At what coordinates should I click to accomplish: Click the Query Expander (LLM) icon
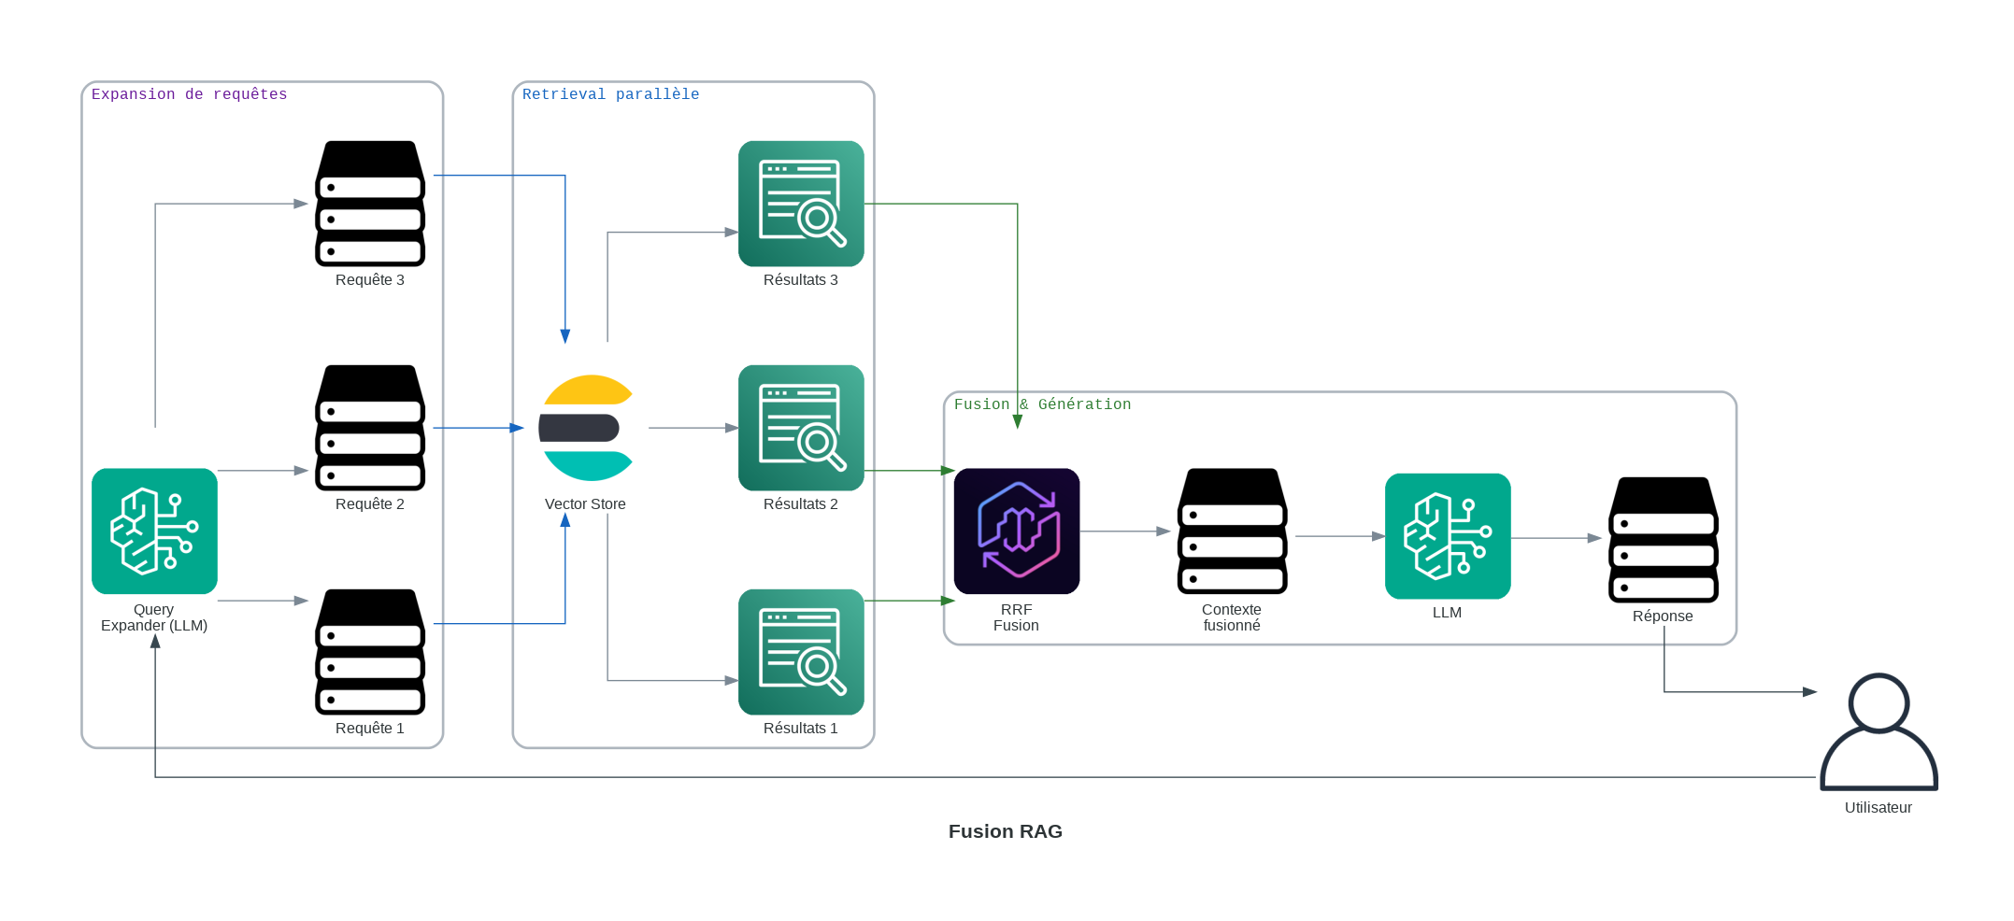pyautogui.click(x=154, y=531)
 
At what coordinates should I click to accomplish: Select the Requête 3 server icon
pyautogui.click(x=370, y=204)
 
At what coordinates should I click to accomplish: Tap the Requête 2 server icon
pyautogui.click(x=370, y=428)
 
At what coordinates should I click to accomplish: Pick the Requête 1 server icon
pyautogui.click(x=370, y=652)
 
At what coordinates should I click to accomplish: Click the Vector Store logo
pyautogui.click(x=586, y=428)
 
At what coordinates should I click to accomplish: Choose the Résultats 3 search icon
pyautogui.click(x=801, y=204)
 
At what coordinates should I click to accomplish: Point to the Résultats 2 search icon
pyautogui.click(x=801, y=428)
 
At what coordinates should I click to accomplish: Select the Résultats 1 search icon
pyautogui.click(x=801, y=652)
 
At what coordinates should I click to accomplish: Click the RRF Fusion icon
pyautogui.click(x=1017, y=531)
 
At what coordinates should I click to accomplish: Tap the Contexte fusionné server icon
pyautogui.click(x=1232, y=531)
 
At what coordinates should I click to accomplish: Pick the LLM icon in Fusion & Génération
pyautogui.click(x=1448, y=536)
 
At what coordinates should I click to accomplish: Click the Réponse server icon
pyautogui.click(x=1664, y=540)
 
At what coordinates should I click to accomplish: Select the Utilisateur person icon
pyautogui.click(x=1878, y=732)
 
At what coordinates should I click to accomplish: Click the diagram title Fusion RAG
pyautogui.click(x=1005, y=831)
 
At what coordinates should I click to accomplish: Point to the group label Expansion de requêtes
pyautogui.click(x=189, y=94)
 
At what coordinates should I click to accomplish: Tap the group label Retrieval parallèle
pyautogui.click(x=610, y=94)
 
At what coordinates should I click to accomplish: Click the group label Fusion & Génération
pyautogui.click(x=1042, y=404)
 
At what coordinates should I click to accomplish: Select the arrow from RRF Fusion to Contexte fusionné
pyautogui.click(x=1125, y=531)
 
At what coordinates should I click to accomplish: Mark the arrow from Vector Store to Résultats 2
pyautogui.click(x=693, y=428)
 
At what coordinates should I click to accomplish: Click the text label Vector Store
pyautogui.click(x=585, y=504)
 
